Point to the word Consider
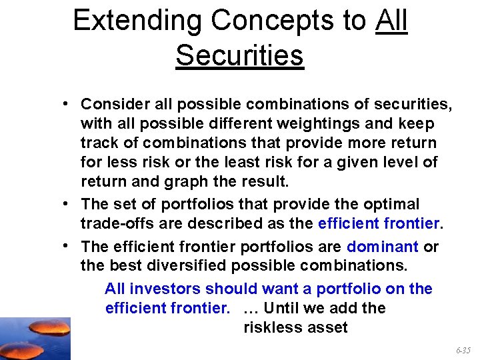pos(111,104)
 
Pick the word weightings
pos(308,123)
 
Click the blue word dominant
pos(382,246)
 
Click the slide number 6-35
pos(463,350)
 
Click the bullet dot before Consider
pos(69,104)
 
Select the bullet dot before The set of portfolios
pos(69,203)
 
